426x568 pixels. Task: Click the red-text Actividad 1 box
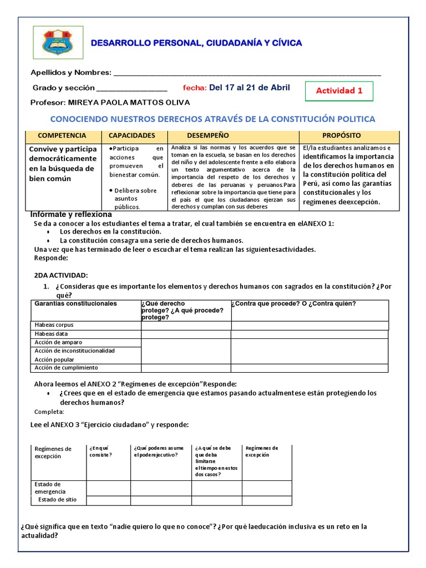[339, 91]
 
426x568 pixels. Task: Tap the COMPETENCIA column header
[62, 135]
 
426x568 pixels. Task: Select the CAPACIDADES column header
[131, 135]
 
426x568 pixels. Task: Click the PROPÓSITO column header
[342, 135]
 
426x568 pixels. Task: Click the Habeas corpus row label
[54, 325]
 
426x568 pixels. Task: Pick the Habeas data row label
[51, 334]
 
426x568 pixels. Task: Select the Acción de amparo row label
[58, 342]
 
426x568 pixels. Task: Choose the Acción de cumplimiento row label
[66, 368]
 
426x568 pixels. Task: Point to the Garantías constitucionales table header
[76, 303]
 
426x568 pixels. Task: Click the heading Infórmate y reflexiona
[70, 214]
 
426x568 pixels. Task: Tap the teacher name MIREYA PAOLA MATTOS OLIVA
[128, 103]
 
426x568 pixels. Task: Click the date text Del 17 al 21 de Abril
[249, 88]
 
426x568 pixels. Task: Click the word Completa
[49, 412]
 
